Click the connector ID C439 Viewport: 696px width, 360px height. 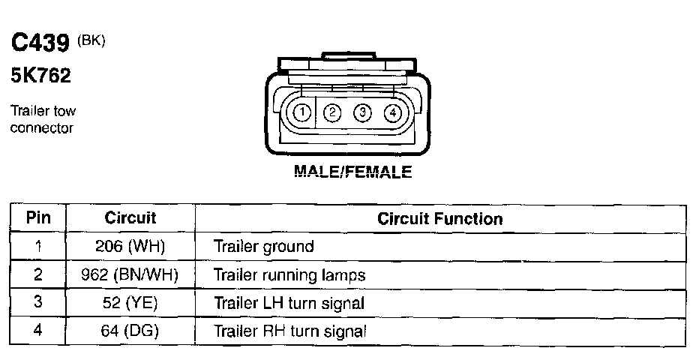pyautogui.click(x=40, y=44)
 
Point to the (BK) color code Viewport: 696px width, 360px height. pyautogui.click(x=91, y=40)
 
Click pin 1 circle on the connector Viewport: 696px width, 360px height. pyautogui.click(x=301, y=113)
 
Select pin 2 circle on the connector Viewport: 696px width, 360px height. pyautogui.click(x=331, y=113)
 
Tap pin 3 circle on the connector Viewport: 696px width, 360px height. pyautogui.click(x=362, y=113)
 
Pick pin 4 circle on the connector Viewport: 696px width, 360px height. pyautogui.click(x=392, y=113)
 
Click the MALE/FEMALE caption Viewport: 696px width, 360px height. pyautogui.click(x=352, y=172)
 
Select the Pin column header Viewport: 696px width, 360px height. pyautogui.click(x=38, y=218)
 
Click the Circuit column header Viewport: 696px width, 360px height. pyautogui.click(x=130, y=218)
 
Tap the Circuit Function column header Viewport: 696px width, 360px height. pyautogui.click(x=439, y=219)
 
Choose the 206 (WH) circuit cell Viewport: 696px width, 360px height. pyautogui.click(x=130, y=247)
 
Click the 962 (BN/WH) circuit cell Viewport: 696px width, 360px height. pyautogui.click(x=130, y=275)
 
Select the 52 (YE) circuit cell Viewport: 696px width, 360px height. pyautogui.click(x=130, y=304)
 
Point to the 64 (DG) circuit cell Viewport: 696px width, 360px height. pyautogui.click(x=130, y=331)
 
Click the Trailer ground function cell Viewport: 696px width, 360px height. pyautogui.click(x=264, y=247)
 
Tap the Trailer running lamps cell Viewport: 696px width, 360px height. pyautogui.click(x=289, y=275)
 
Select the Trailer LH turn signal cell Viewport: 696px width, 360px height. pyautogui.click(x=289, y=304)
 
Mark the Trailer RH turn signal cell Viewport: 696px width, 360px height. pyautogui.click(x=289, y=331)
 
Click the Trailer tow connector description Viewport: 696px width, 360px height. pyautogui.click(x=43, y=120)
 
